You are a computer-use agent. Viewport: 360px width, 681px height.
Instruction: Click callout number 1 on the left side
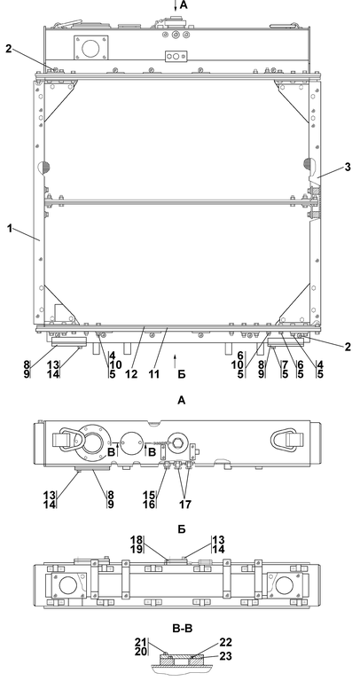[x=10, y=227]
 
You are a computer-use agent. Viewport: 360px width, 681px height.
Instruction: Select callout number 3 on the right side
[x=348, y=167]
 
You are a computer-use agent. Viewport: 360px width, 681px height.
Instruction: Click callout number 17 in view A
[x=185, y=504]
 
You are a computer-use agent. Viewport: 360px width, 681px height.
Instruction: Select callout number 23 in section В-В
[x=226, y=656]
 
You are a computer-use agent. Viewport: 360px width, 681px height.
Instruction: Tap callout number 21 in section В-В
[x=141, y=642]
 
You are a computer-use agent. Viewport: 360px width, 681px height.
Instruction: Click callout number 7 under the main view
[x=285, y=364]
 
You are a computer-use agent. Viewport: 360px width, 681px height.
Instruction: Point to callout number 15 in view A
[x=149, y=495]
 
